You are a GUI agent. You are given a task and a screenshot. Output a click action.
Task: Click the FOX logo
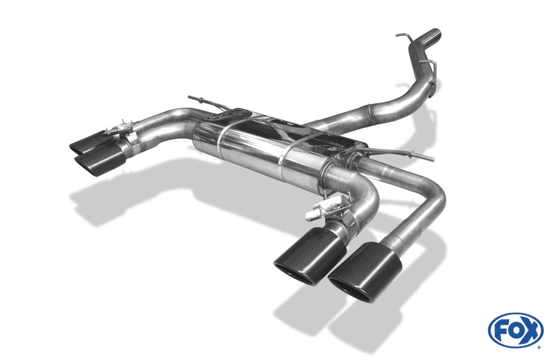point(515,330)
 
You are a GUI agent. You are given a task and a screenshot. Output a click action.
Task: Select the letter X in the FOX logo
point(530,331)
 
